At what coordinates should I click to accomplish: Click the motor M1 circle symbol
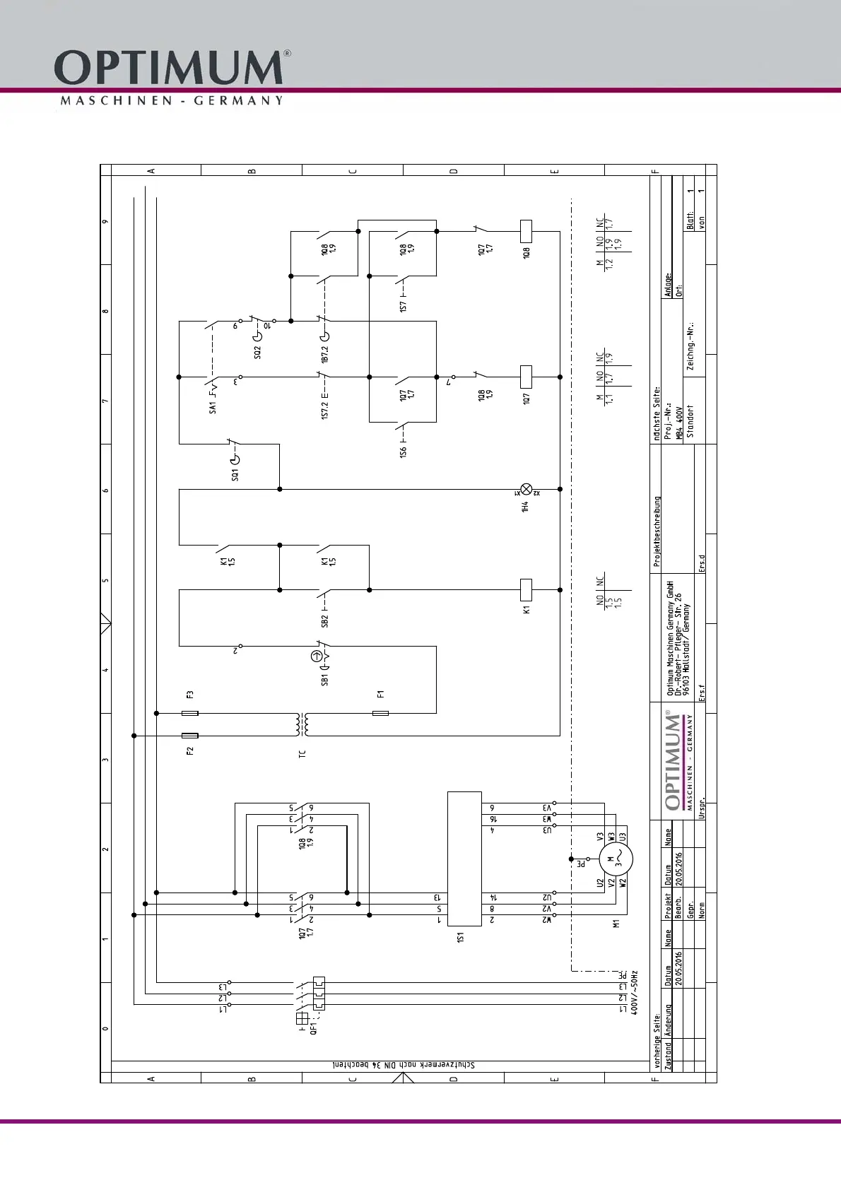coord(616,860)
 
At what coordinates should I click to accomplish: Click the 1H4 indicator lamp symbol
coord(526,489)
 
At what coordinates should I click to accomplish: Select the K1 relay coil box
coord(526,589)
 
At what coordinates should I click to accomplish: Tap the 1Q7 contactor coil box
coord(526,377)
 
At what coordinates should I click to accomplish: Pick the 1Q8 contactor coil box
coord(526,231)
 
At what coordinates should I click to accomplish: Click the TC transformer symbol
coord(305,724)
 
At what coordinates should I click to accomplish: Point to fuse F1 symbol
coord(380,713)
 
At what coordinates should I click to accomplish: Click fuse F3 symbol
coord(190,713)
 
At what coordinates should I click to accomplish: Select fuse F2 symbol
coord(190,736)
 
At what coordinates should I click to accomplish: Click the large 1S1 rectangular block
coord(464,858)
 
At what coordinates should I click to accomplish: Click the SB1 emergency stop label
coord(325,679)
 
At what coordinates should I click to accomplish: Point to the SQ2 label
coord(257,351)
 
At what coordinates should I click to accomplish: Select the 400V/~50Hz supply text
coord(635,993)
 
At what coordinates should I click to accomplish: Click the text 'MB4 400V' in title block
coord(679,423)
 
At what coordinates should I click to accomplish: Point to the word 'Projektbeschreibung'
coord(657,531)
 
